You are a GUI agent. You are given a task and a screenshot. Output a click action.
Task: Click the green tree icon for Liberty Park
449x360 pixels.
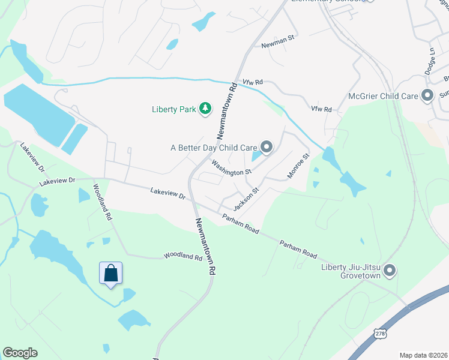click(x=206, y=109)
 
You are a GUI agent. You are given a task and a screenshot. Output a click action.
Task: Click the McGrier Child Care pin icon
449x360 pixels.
click(x=427, y=95)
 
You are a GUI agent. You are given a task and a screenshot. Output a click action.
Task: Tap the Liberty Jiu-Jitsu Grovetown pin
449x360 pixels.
click(x=389, y=271)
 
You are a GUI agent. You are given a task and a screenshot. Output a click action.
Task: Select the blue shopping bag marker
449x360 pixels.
click(x=111, y=274)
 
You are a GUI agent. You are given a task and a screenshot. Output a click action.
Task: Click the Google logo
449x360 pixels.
click(x=20, y=353)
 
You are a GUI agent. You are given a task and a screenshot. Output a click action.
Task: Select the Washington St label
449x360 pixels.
click(x=230, y=168)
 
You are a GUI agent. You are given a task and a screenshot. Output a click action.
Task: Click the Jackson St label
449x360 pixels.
click(x=246, y=199)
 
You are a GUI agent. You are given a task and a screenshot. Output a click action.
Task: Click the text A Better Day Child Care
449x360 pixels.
click(x=214, y=148)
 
